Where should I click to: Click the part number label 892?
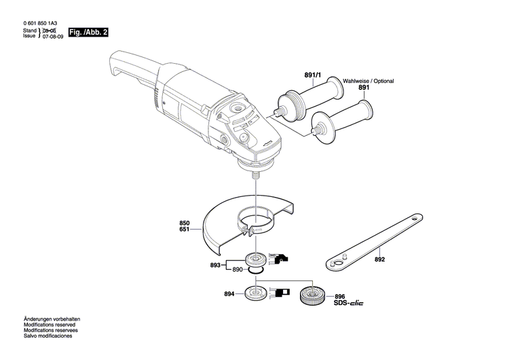pos(379,260)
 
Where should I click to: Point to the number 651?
pos(185,230)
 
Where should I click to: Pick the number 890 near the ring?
pos(238,270)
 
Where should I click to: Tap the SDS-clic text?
pos(348,304)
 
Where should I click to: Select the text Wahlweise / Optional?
pos(368,81)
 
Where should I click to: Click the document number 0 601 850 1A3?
pos(41,24)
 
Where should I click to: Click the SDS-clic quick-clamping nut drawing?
pos(312,297)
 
